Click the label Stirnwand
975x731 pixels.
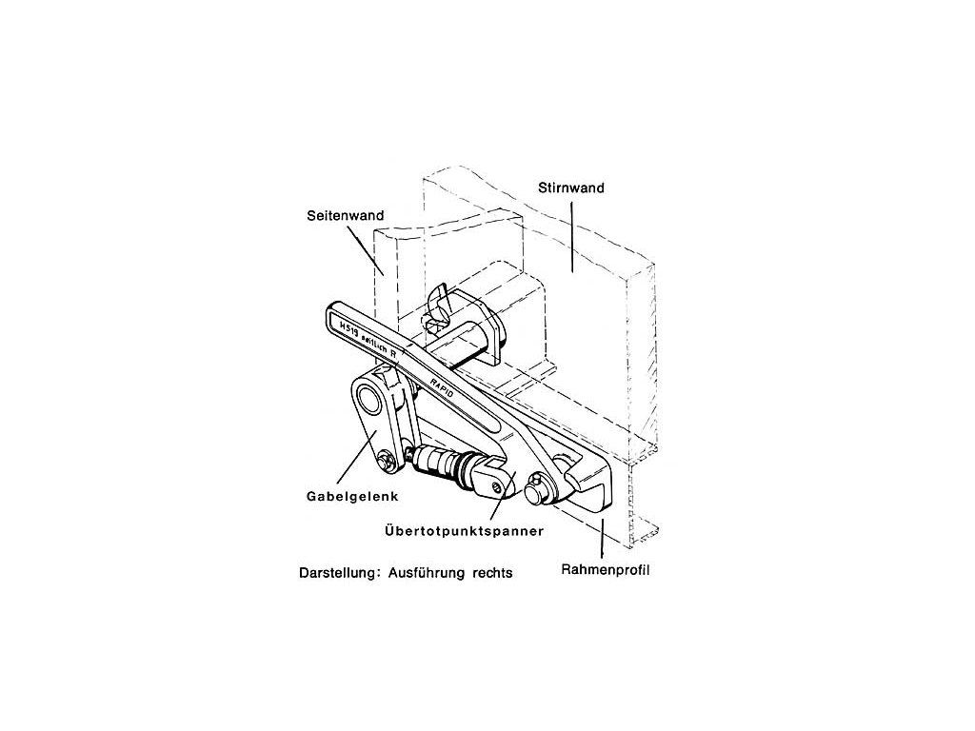click(x=578, y=188)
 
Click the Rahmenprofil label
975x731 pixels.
click(x=607, y=572)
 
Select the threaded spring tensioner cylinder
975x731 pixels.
click(x=443, y=466)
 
